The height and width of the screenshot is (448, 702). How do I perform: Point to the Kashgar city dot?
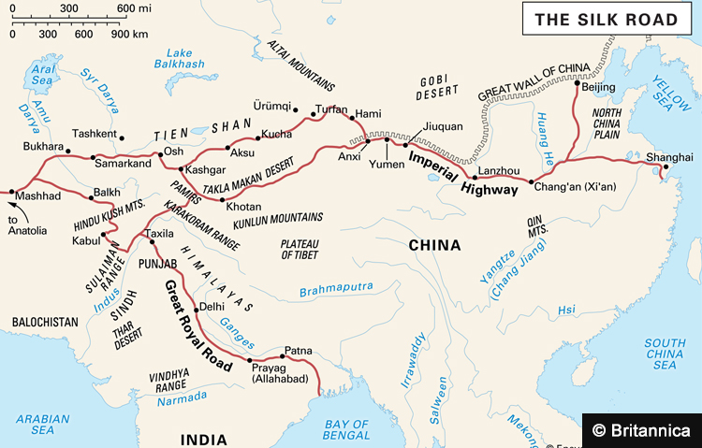click(181, 169)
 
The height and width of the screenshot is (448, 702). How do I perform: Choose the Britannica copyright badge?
click(642, 430)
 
